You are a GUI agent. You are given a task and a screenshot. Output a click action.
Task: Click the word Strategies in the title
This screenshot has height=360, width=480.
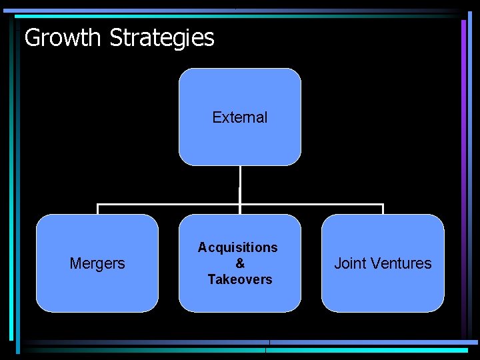tap(162, 38)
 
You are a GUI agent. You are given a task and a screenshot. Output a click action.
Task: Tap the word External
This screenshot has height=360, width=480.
tap(240, 117)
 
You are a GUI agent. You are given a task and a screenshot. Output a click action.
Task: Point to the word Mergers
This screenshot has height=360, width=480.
tap(97, 264)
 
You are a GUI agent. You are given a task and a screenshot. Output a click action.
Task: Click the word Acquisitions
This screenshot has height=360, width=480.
tap(238, 247)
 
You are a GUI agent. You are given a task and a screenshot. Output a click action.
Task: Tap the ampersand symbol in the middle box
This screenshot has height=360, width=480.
tap(240, 263)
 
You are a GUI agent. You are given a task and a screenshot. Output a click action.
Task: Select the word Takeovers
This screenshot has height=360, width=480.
tap(240, 279)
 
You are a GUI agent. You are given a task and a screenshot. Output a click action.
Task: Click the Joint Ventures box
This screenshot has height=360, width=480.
tap(383, 293)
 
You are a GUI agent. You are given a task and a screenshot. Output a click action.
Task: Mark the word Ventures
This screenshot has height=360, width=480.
tap(400, 264)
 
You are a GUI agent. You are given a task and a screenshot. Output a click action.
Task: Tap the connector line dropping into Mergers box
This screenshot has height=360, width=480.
tap(98, 209)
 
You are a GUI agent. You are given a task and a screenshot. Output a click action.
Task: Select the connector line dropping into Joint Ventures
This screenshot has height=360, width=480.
tap(383, 209)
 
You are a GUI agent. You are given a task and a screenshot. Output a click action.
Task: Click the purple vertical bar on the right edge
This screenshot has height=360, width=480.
tap(463, 133)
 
